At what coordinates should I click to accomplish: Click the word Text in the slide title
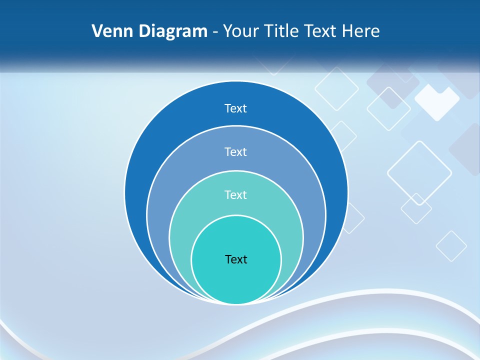(x=321, y=31)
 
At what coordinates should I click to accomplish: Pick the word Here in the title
(x=360, y=31)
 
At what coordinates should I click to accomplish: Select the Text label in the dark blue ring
(x=236, y=108)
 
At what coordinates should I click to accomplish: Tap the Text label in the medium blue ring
(x=236, y=151)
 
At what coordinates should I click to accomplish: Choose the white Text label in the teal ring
(x=236, y=194)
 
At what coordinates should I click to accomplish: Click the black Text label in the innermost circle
(x=236, y=259)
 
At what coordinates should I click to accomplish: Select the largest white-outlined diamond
(x=419, y=173)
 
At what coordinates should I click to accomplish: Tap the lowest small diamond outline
(x=451, y=246)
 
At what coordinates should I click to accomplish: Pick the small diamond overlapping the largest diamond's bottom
(x=416, y=208)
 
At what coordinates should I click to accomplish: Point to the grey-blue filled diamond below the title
(x=393, y=85)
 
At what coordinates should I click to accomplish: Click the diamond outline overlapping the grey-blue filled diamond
(x=388, y=108)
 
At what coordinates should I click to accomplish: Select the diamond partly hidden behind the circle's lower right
(x=355, y=218)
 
